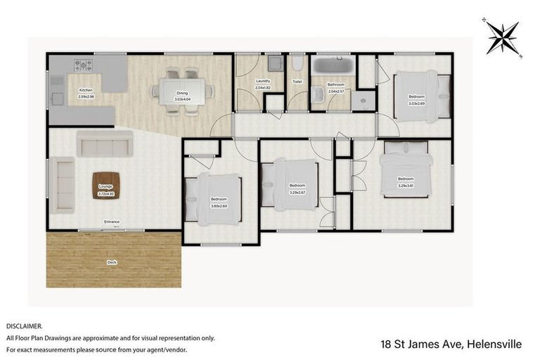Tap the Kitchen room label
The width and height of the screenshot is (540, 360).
[85, 90]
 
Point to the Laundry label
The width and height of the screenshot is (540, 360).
[263, 82]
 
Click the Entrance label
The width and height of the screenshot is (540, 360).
[112, 222]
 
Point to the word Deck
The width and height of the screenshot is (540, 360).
[111, 262]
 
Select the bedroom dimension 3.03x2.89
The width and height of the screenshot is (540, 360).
[417, 103]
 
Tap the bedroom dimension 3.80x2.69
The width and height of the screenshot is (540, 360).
[219, 206]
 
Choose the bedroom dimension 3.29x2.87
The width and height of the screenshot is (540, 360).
[298, 192]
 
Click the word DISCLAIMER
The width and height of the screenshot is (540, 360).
[24, 326]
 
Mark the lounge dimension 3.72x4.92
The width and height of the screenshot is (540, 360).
[105, 193]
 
